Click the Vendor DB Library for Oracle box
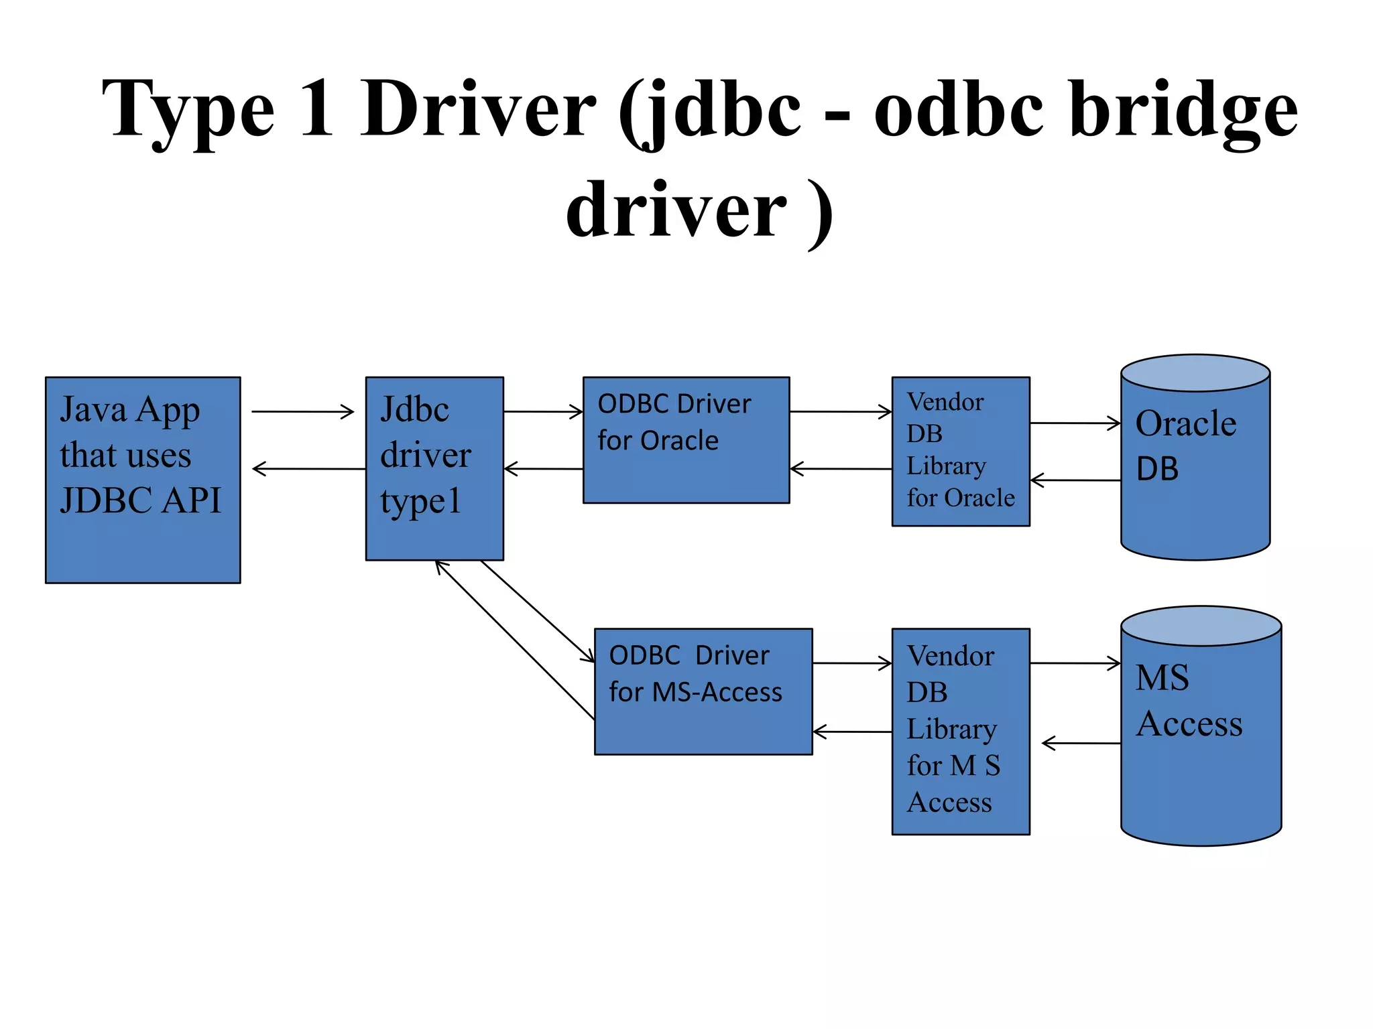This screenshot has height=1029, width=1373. coord(961,451)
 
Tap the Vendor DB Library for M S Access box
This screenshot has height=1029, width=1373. coord(961,731)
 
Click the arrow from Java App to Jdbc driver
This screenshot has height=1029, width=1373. coord(303,411)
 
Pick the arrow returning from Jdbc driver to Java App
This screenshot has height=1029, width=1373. coord(308,469)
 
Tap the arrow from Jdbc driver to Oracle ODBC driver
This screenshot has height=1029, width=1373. coord(543,411)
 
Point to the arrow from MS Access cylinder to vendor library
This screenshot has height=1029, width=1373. coord(1081,743)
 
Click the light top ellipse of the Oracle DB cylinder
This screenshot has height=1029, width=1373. coord(1195,372)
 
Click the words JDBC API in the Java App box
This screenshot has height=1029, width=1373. coord(141,500)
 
